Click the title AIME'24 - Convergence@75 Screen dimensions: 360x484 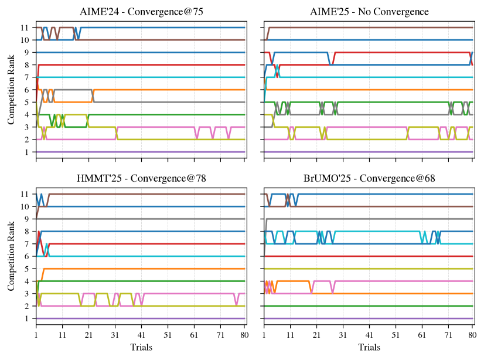point(141,12)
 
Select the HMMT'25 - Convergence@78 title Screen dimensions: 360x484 point(141,178)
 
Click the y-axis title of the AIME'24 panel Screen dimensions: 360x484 point(11,90)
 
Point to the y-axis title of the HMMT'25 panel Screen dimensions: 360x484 point(11,256)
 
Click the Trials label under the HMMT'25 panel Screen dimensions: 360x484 point(141,347)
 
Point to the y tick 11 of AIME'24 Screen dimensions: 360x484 point(25,28)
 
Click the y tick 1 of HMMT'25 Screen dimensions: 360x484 point(27,318)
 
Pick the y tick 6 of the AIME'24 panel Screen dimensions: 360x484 point(27,90)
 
